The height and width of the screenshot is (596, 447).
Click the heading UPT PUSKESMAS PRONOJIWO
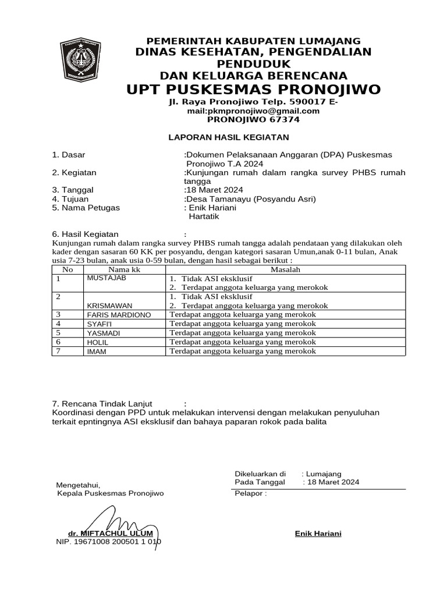pyautogui.click(x=253, y=89)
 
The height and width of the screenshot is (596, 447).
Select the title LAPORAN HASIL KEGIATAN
pyautogui.click(x=228, y=137)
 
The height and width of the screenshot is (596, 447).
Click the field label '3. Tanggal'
pyautogui.click(x=73, y=190)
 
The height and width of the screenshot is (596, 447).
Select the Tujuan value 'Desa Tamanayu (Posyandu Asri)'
pyautogui.click(x=251, y=198)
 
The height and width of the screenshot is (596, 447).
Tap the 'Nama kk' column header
pyautogui.click(x=124, y=270)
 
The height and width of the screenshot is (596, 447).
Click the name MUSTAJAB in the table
pyautogui.click(x=106, y=278)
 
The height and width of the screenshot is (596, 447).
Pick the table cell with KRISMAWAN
pyautogui.click(x=109, y=306)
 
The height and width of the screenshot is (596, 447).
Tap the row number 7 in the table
pyautogui.click(x=58, y=351)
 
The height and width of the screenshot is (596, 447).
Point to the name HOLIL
pyautogui.click(x=97, y=342)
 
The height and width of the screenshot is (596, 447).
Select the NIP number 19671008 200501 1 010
pyautogui.click(x=108, y=541)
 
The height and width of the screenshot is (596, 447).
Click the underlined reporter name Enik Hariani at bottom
pyautogui.click(x=318, y=534)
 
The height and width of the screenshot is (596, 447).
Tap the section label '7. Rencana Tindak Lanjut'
pyautogui.click(x=102, y=403)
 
